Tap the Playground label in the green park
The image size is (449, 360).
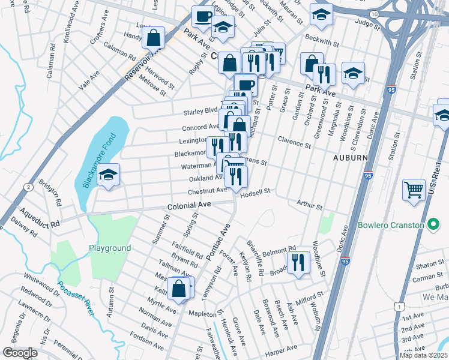tap(110, 248)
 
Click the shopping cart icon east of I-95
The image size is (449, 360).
tap(414, 190)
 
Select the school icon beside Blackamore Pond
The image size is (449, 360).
tap(108, 175)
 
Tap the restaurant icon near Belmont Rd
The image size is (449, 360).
tap(298, 262)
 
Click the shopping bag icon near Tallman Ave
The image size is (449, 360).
tap(179, 289)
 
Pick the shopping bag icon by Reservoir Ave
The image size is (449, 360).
tap(154, 38)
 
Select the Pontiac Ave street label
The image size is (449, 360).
tap(218, 242)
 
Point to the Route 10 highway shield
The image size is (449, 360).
tap(374, 13)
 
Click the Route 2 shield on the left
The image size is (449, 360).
tap(28, 187)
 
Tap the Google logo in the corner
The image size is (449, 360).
tap(20, 353)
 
